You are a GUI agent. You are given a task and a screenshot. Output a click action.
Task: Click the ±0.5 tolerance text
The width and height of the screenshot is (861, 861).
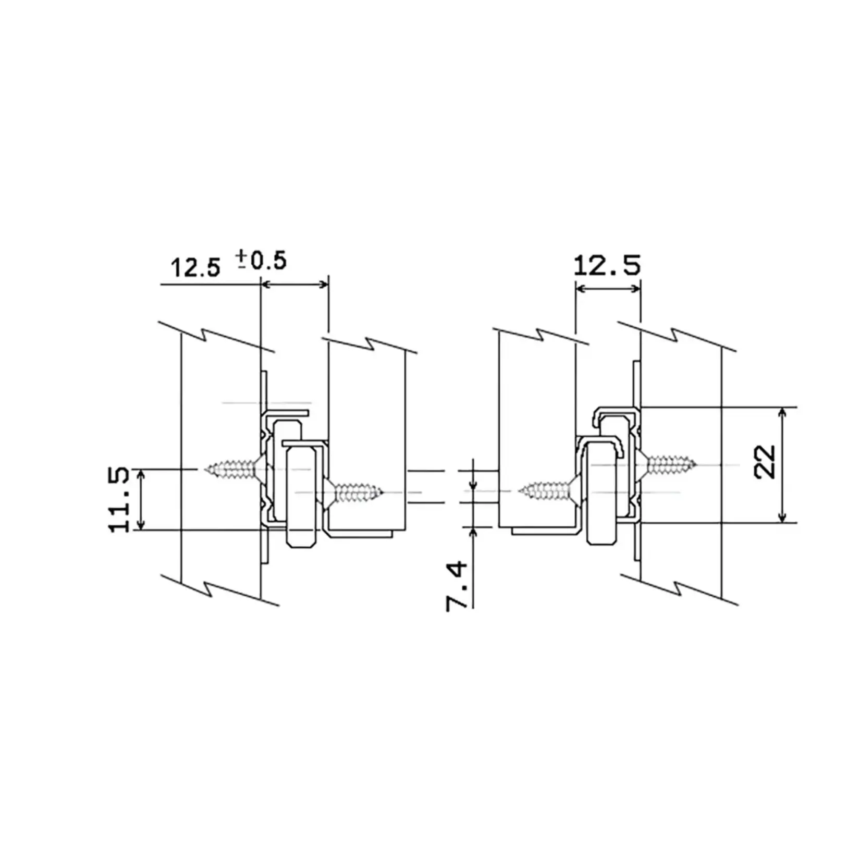(261, 260)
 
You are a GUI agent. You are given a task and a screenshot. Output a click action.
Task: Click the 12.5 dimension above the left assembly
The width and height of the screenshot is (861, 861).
(196, 268)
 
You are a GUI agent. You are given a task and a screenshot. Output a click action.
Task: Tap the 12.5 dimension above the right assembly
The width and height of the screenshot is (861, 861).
(607, 266)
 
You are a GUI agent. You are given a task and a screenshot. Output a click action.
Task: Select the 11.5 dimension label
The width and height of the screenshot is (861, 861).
(120, 500)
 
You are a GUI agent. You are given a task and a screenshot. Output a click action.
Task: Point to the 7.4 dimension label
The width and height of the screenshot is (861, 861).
(457, 586)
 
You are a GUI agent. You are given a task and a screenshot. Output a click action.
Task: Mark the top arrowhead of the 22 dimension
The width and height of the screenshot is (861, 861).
(782, 413)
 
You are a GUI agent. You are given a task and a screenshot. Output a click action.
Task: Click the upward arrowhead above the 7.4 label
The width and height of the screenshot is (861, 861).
(473, 532)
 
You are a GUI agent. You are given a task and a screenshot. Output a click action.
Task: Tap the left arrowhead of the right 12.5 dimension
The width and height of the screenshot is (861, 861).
(581, 288)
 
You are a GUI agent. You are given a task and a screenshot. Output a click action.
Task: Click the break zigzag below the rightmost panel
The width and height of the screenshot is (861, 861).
(678, 587)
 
